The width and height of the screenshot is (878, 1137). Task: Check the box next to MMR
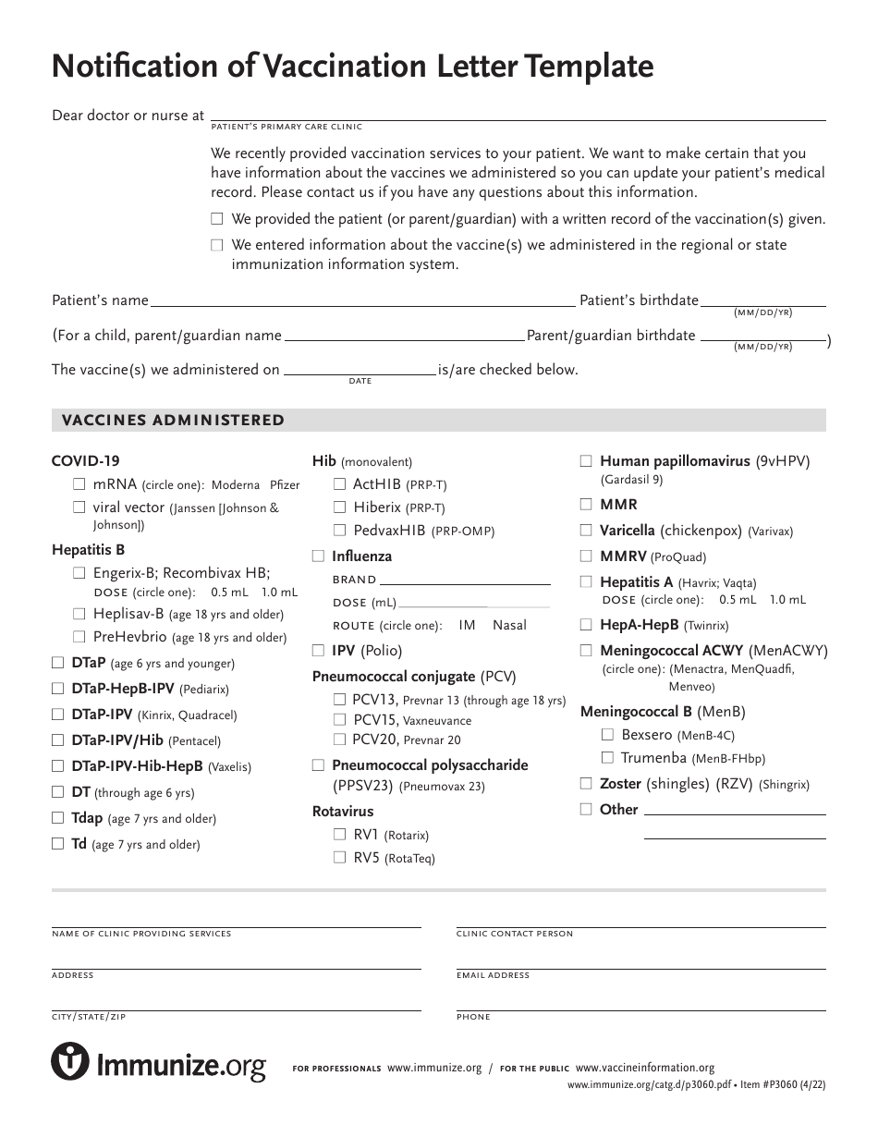(586, 505)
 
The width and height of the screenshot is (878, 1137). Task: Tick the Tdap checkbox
(57, 818)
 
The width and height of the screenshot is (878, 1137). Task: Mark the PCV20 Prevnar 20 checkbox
(339, 740)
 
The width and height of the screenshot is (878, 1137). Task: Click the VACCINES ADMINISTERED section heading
(173, 421)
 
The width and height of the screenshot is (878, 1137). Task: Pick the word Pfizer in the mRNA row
(285, 485)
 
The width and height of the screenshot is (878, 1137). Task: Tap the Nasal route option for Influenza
(509, 626)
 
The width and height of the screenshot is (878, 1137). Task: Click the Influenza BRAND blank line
(465, 581)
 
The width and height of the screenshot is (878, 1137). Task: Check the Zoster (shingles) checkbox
(586, 784)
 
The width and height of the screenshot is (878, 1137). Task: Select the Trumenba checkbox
(607, 758)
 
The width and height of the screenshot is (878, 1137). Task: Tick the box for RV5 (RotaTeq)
(339, 858)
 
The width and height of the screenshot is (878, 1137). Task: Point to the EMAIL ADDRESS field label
(493, 975)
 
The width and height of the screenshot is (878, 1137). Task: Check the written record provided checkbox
(217, 220)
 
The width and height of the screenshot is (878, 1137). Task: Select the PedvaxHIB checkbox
(339, 531)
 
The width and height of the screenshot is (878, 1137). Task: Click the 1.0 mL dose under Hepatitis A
(787, 600)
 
